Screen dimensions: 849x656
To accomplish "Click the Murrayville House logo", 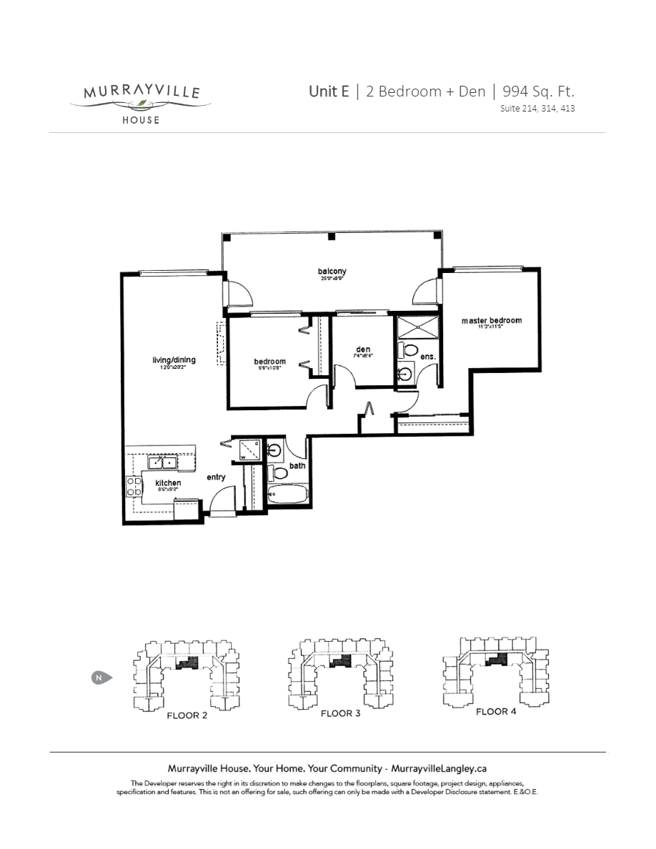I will [140, 101].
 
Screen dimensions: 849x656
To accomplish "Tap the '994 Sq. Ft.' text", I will [538, 91].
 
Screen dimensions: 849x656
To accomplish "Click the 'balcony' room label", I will [332, 271].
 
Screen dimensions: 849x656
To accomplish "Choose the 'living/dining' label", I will [174, 360].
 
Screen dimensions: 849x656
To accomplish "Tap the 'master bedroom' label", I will [491, 321].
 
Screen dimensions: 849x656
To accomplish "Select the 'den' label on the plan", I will [362, 350].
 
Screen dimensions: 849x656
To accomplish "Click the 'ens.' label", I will [428, 355].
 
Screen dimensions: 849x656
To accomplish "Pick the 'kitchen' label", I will [168, 484].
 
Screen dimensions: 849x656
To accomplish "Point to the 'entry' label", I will [217, 477].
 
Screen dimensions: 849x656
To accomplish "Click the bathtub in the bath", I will [287, 494].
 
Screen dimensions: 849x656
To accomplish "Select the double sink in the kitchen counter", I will [162, 463].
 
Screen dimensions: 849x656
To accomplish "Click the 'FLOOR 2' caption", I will [187, 715].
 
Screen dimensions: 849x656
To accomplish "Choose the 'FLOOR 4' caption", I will [496, 711].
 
